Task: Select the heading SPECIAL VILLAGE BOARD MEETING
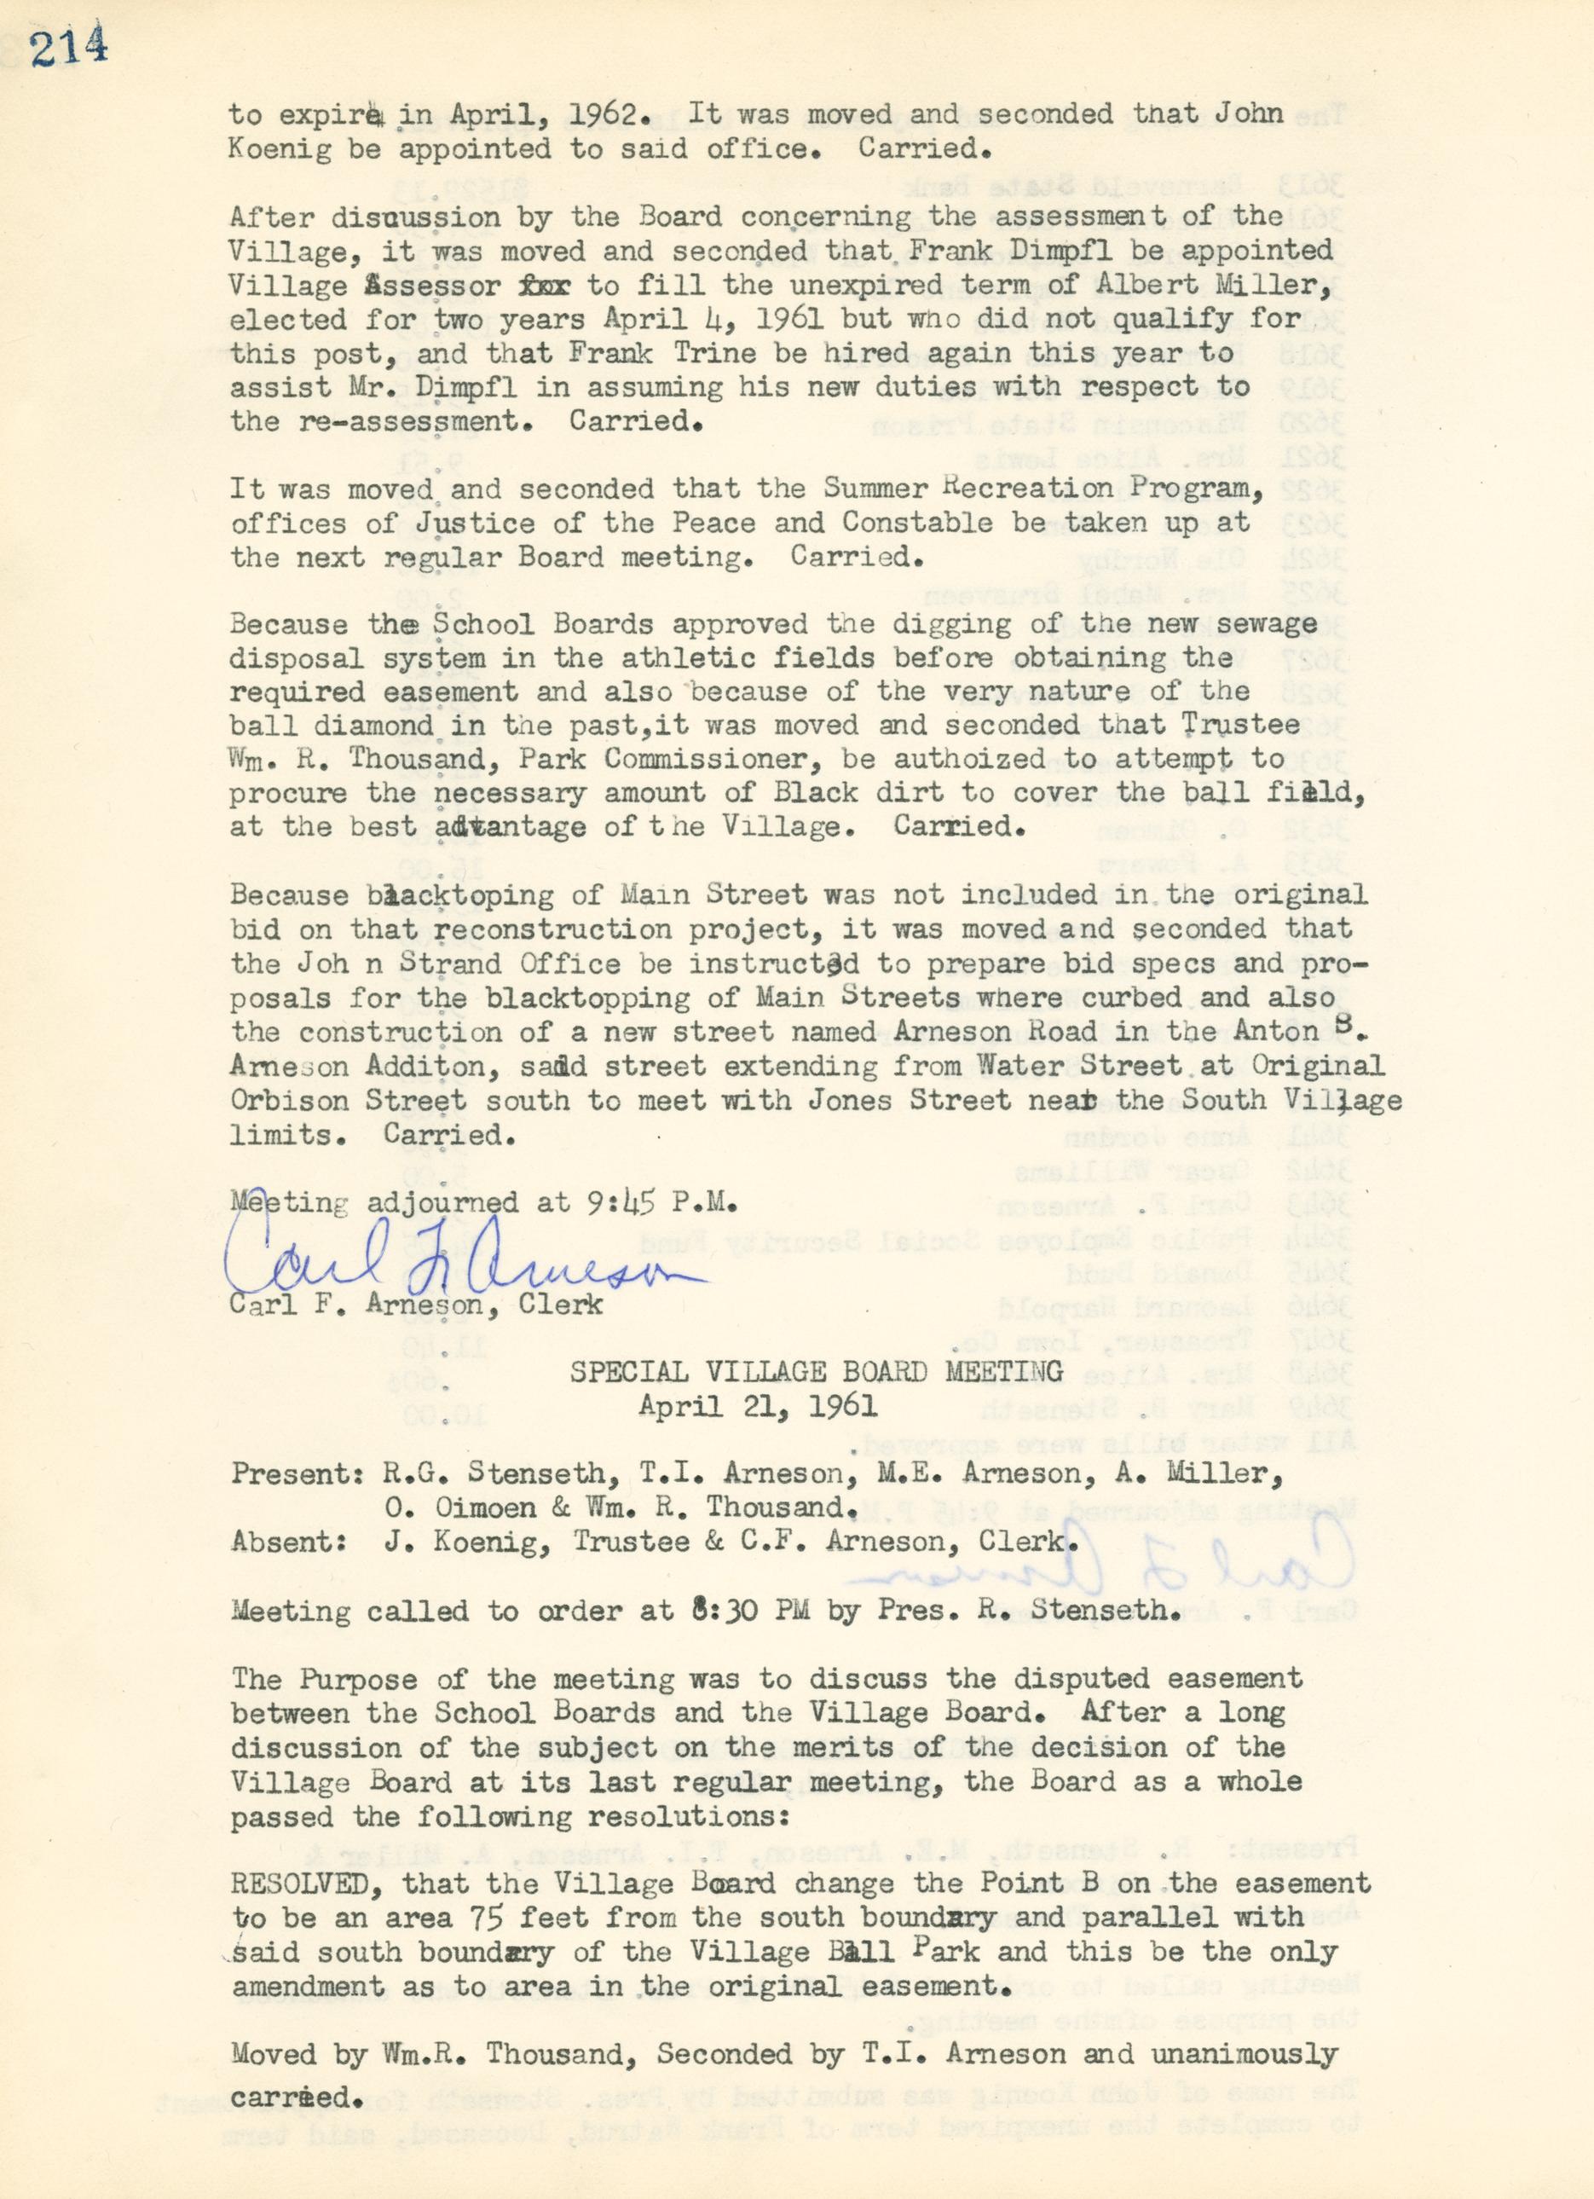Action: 814,1372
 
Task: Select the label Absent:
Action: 289,1542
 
